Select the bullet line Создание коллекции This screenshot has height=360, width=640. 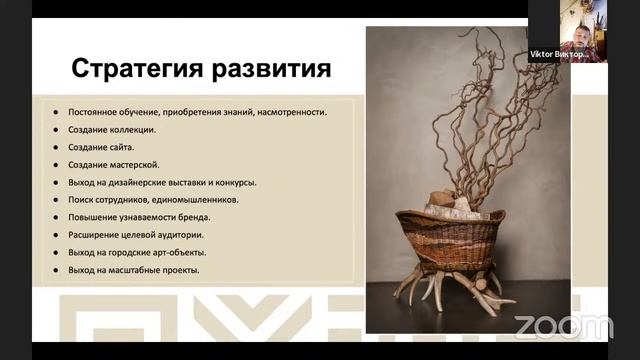(112, 130)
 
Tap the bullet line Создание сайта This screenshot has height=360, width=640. (102, 147)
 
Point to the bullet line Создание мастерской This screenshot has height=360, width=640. (114, 165)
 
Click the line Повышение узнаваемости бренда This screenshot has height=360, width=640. (139, 217)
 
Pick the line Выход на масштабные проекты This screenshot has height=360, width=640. (133, 270)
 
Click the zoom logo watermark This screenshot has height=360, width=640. (563, 326)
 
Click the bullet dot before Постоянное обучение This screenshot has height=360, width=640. (56, 112)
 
